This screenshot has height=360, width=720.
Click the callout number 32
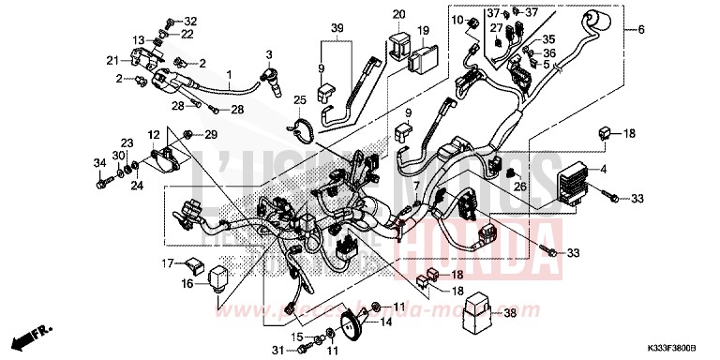190,21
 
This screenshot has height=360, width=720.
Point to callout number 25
300,100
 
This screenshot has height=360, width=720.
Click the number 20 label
398,14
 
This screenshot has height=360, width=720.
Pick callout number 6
641,30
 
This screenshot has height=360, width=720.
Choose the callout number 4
630,170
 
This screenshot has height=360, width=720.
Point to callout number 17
168,237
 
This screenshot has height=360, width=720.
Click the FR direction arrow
34,335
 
